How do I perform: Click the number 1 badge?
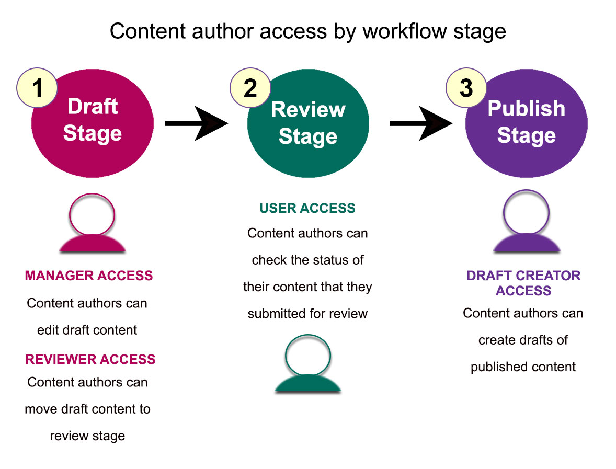[x=37, y=88]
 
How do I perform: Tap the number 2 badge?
[x=250, y=88]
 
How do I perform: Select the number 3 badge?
[x=465, y=88]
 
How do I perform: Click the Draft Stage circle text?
[x=93, y=120]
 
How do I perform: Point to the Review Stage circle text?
[x=308, y=123]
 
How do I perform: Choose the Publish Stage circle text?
[x=526, y=122]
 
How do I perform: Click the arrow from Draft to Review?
[x=197, y=124]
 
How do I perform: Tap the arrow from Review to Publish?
[x=421, y=124]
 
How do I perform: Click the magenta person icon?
[x=93, y=223]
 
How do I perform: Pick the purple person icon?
[x=526, y=223]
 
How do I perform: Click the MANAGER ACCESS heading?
[x=89, y=276]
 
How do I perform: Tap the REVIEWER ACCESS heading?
[x=90, y=359]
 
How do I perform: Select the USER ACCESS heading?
[x=307, y=208]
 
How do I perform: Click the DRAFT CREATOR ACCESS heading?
[x=523, y=283]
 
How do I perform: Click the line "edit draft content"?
[x=87, y=330]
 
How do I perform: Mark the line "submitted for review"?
[x=307, y=314]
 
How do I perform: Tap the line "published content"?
[x=523, y=367]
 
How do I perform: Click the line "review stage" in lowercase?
[x=87, y=436]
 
